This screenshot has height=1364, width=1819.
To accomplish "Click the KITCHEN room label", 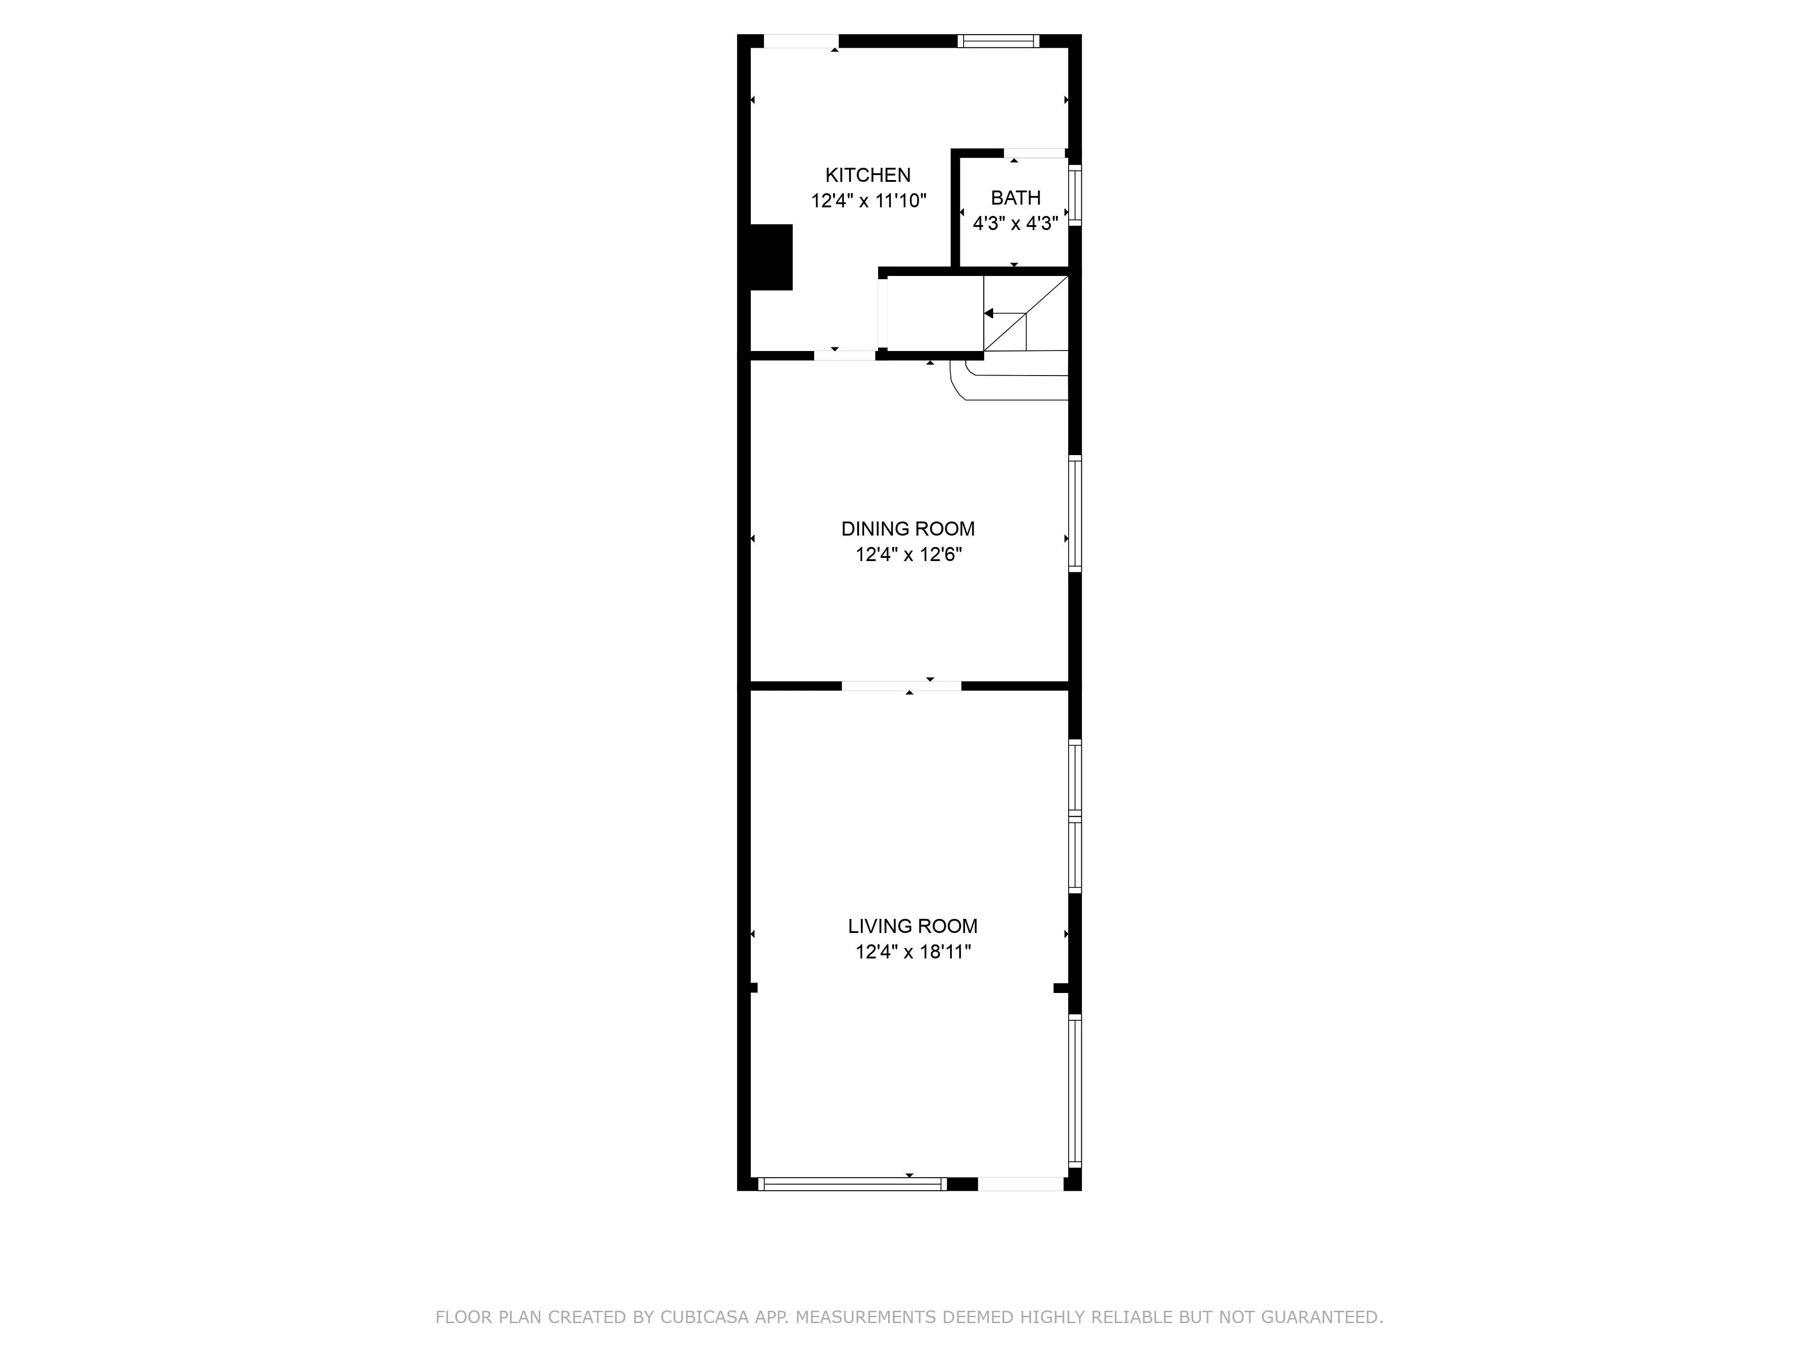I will pos(868,175).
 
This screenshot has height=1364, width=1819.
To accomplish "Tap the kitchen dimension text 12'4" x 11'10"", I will pos(869,201).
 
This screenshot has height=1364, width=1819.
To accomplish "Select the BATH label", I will pos(1015,198).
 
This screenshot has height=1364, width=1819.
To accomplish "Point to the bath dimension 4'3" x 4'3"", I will pos(1015,224).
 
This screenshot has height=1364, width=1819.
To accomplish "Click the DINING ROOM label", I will pos(908,529).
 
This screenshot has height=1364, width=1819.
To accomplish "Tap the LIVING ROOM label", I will pos(913,926).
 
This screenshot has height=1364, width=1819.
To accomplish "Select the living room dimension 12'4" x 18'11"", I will pos(913,952).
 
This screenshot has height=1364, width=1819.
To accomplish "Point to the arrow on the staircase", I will pos(989,313).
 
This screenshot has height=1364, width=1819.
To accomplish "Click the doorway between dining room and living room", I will pos(901,686).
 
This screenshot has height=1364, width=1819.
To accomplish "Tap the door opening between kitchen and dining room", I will pos(844,355).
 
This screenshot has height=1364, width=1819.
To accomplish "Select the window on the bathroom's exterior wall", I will pos(1075,195).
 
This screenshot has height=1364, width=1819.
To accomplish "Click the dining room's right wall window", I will pos(1075,513).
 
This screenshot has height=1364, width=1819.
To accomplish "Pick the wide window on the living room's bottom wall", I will pos(852,1184).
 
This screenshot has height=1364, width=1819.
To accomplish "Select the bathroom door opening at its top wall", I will pos(1035,153).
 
